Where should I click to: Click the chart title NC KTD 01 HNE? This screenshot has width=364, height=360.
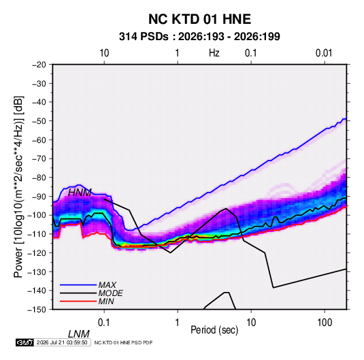199,19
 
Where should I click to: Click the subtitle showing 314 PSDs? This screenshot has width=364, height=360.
199,37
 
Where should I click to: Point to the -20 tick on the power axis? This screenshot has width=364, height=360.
39,65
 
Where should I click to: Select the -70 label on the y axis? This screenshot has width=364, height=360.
39,159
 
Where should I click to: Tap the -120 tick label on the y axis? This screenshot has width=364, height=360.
37,252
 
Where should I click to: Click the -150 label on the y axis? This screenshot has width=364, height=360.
37,310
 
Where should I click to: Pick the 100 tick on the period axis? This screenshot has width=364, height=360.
325,323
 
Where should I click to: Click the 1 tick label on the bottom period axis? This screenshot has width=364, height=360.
178,323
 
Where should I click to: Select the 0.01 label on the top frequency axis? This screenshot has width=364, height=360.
324,53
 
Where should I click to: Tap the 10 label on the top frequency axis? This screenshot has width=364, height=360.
104,53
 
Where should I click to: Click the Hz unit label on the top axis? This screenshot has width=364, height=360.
214,53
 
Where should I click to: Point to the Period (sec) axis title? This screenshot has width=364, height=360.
214,329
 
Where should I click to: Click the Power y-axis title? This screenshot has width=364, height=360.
18,187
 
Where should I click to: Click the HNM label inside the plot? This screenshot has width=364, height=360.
80,193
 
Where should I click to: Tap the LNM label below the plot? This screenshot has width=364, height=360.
78,334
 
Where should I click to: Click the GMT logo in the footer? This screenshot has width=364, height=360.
24,342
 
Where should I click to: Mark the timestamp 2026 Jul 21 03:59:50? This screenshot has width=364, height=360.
62,342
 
